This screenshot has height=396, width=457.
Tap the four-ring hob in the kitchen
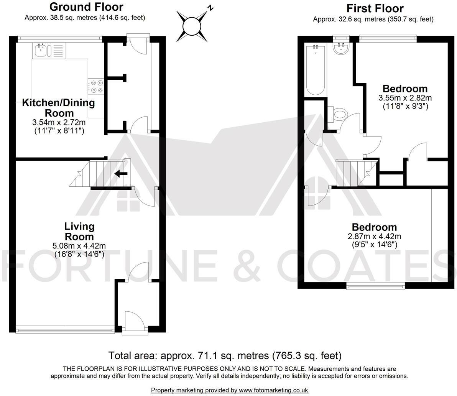click(96, 86)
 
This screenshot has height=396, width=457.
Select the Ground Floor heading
click(86, 7)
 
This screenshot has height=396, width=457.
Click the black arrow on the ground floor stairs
click(121, 174)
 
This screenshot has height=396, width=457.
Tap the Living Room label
click(79, 231)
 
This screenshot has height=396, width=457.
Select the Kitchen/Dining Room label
click(58, 108)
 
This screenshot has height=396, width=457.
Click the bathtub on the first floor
click(316, 71)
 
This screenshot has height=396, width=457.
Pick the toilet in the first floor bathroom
click(340, 113)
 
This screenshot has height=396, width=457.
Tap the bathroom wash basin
click(340, 49)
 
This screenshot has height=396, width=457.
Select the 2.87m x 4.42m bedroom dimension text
click(374, 237)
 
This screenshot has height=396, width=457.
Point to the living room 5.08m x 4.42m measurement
click(79, 246)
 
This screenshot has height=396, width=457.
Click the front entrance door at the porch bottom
click(134, 322)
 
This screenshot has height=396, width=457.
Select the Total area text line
click(225, 355)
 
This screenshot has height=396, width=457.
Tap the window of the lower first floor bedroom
click(375, 284)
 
